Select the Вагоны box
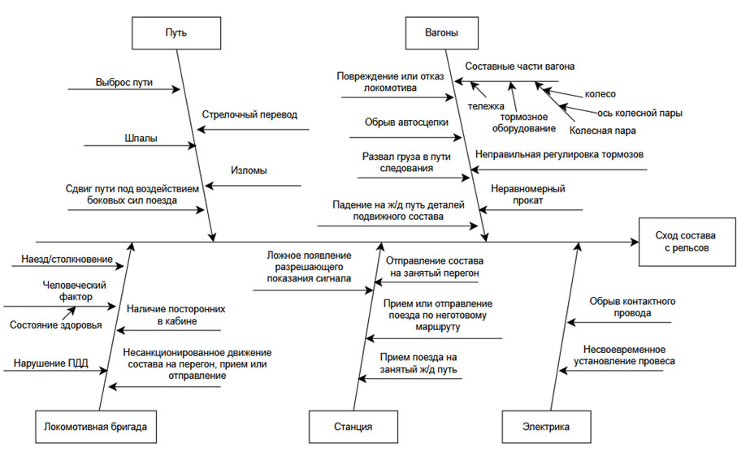(x=441, y=33)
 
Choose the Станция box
(x=353, y=426)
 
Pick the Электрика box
(x=546, y=426)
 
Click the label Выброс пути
(x=124, y=82)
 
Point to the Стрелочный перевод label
(x=249, y=115)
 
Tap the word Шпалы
(x=141, y=138)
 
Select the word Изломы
(x=249, y=171)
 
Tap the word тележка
(x=486, y=105)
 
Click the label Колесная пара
(x=602, y=130)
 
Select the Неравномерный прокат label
(x=528, y=195)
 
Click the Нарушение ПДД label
(x=51, y=363)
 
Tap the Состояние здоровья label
(x=56, y=325)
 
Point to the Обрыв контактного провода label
(x=632, y=307)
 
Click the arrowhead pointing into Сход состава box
(x=635, y=242)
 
